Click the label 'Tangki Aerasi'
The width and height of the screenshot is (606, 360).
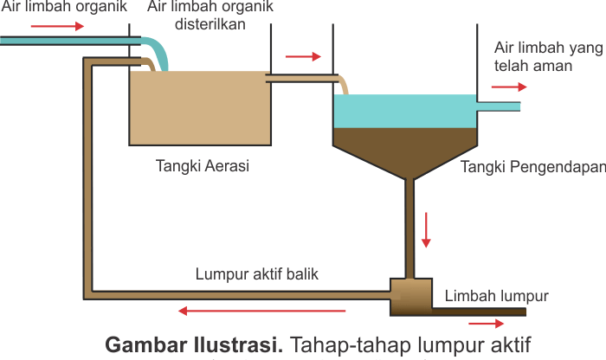click(203, 166)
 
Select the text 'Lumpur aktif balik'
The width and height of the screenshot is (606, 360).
click(257, 274)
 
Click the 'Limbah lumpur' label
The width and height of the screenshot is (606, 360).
click(497, 296)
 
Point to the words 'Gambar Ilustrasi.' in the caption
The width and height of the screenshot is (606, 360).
click(193, 344)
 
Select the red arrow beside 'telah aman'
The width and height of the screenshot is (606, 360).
click(508, 87)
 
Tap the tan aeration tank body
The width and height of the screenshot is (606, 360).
click(199, 108)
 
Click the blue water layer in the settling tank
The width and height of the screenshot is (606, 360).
click(404, 111)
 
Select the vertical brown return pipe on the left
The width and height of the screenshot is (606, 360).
click(87, 173)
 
